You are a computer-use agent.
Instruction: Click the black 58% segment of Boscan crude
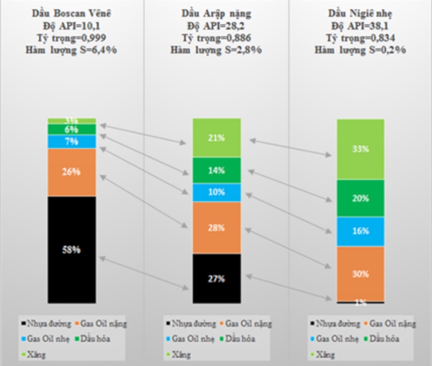(x=72, y=250)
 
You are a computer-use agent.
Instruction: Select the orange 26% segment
(x=72, y=172)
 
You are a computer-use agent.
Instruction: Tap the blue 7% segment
(x=72, y=142)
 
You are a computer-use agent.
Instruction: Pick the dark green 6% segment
(x=72, y=129)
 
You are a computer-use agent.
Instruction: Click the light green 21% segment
(x=216, y=138)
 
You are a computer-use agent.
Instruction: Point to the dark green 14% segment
(x=216, y=170)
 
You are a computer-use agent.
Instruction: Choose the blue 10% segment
(x=216, y=192)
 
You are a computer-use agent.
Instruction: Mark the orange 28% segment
(x=216, y=228)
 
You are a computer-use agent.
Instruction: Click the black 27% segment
(x=216, y=279)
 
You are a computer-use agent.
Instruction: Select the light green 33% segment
(x=360, y=149)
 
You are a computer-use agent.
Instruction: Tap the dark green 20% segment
(x=360, y=198)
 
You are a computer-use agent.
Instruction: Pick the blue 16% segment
(x=360, y=231)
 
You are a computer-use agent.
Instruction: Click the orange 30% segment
(x=360, y=274)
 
